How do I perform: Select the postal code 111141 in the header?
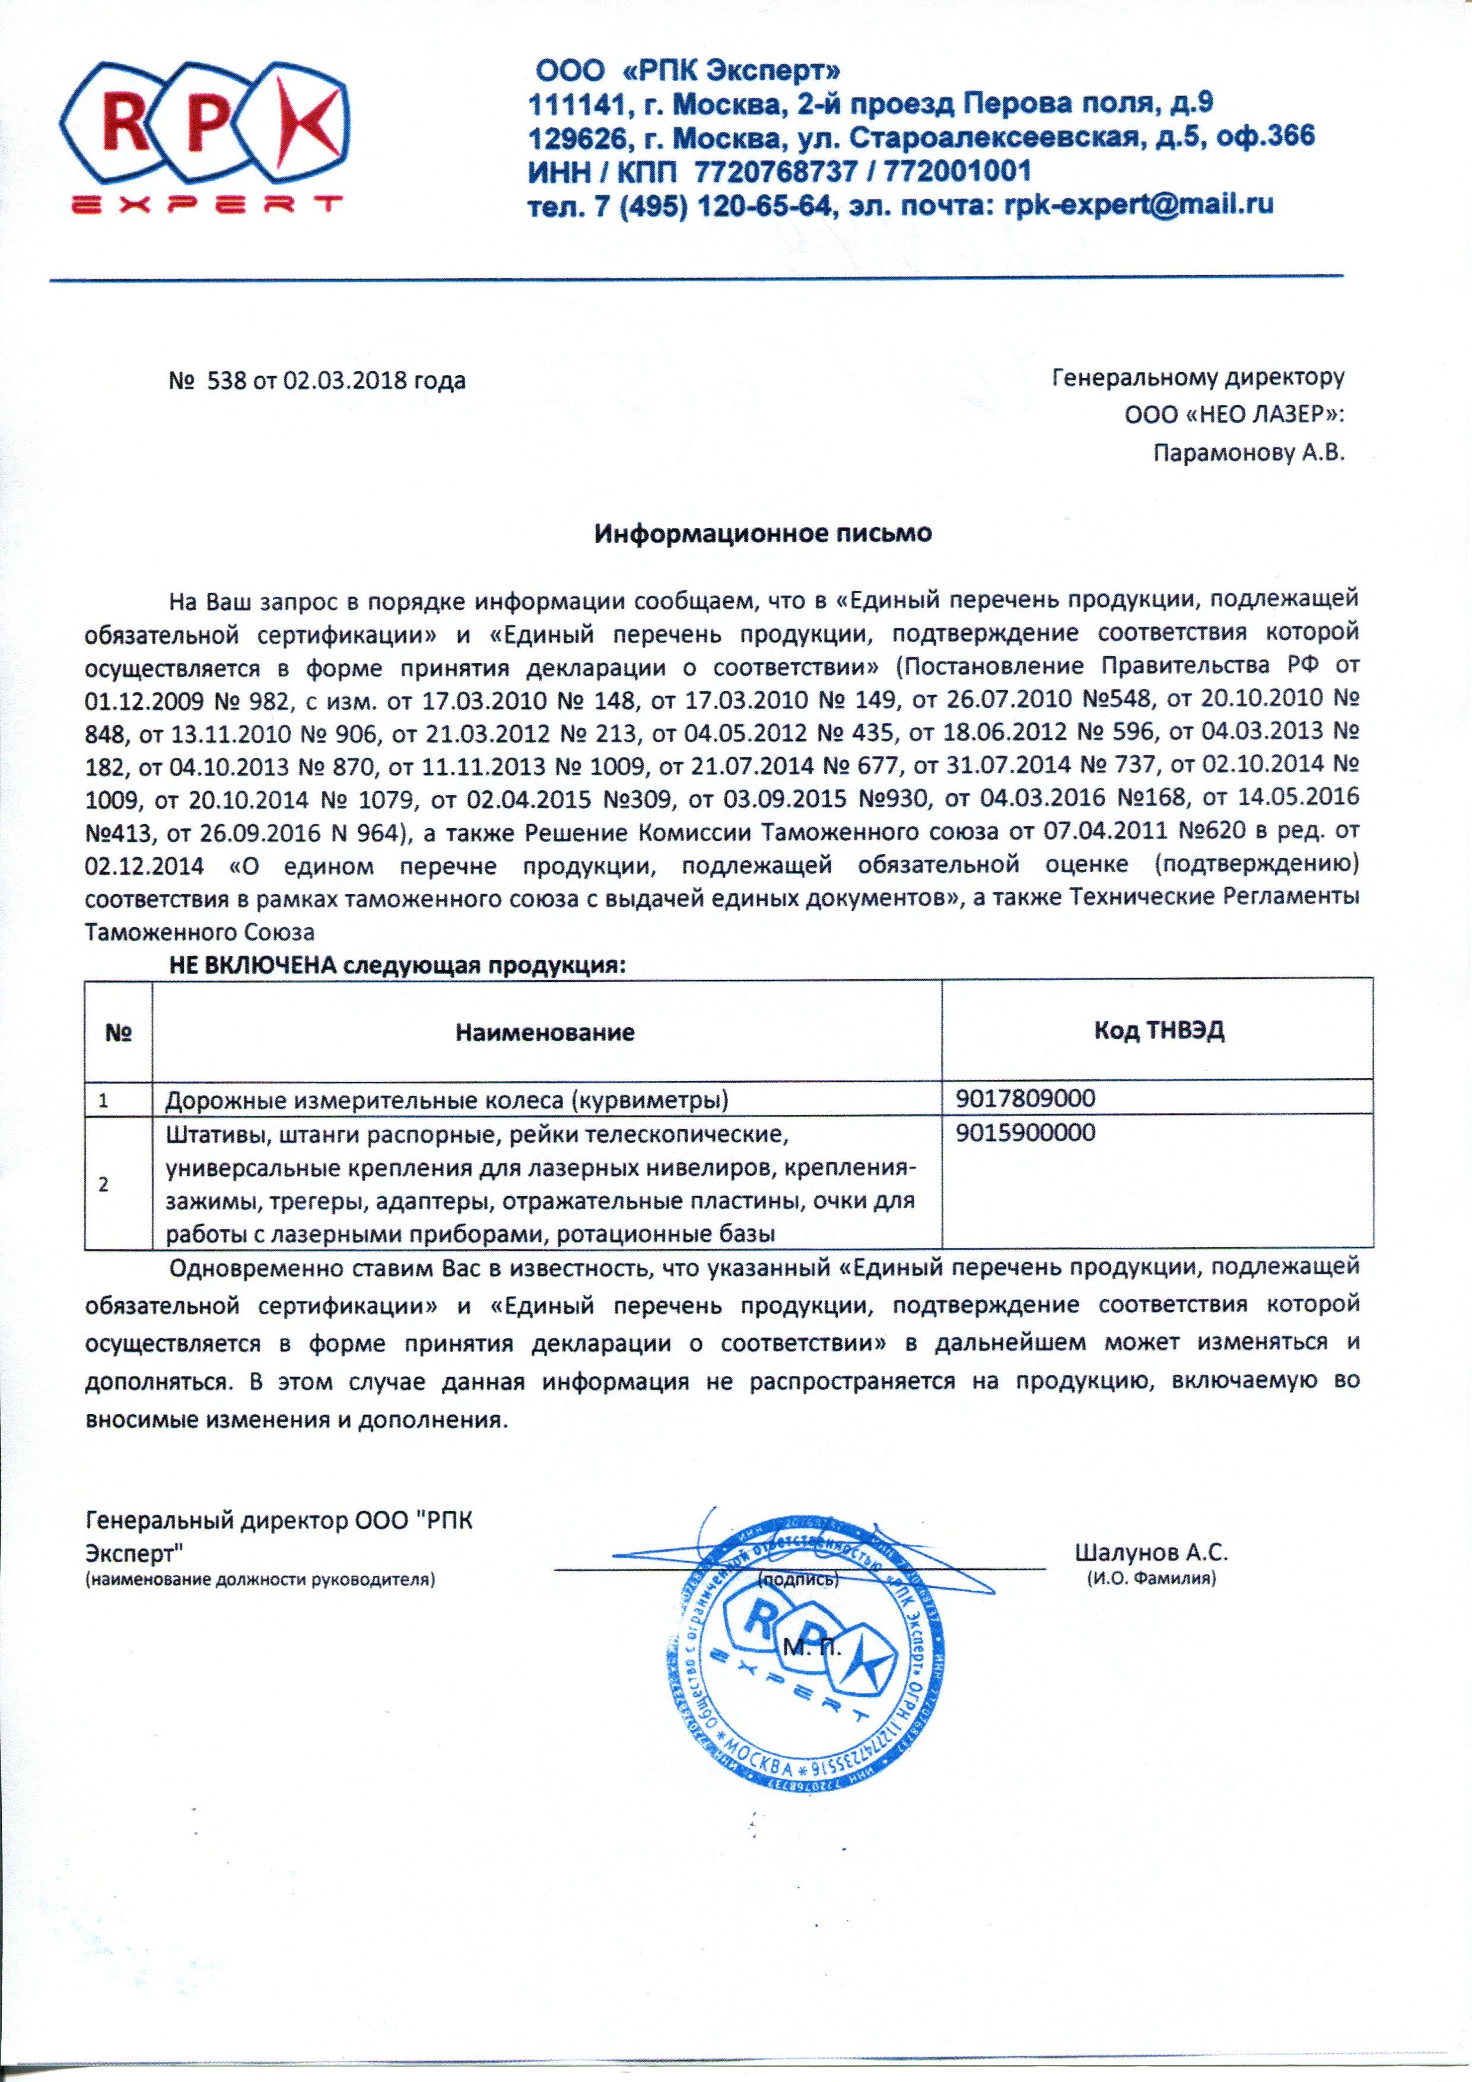(x=575, y=103)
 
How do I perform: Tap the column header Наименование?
(x=544, y=1032)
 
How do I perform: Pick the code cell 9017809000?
(x=1025, y=1099)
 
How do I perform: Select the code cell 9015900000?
(x=1025, y=1133)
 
